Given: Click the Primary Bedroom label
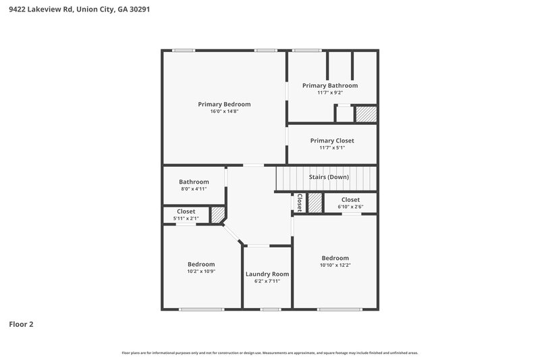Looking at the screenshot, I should [x=224, y=104].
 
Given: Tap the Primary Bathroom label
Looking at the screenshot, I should [x=330, y=86].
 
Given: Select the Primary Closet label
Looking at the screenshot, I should [x=332, y=140].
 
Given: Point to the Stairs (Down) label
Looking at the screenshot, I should [x=329, y=177].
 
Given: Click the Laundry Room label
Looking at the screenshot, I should [x=267, y=274].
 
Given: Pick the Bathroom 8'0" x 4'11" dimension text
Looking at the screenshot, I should [x=194, y=189].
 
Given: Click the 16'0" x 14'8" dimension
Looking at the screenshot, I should [x=224, y=111].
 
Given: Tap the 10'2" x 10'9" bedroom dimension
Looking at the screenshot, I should [x=201, y=272].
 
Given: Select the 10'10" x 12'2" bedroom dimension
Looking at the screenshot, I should [x=335, y=265].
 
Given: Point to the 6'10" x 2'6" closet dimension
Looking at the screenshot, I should [x=350, y=207].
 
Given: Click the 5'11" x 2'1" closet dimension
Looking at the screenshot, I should [x=186, y=219].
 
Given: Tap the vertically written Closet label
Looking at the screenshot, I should [x=300, y=203].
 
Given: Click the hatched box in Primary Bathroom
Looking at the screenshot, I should [x=365, y=114].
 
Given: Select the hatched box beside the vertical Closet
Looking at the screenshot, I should [x=315, y=203].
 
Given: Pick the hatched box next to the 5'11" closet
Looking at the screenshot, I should [x=218, y=215].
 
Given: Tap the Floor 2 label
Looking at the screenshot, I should [x=21, y=324].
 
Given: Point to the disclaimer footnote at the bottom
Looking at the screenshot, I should [x=270, y=353].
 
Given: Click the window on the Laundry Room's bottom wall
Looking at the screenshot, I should [x=270, y=309].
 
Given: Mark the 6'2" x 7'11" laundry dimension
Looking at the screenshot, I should [x=267, y=281].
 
